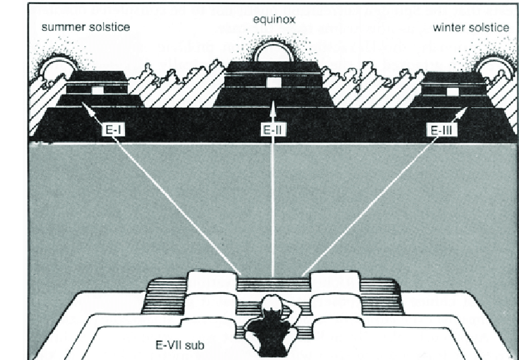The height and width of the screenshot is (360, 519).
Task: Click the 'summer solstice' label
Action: [86, 26]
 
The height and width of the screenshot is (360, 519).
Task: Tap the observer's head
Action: [273, 308]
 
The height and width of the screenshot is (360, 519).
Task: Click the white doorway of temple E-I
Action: [98, 90]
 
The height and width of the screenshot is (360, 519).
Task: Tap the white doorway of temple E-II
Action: [274, 82]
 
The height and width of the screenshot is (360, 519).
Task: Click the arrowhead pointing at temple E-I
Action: [84, 103]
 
